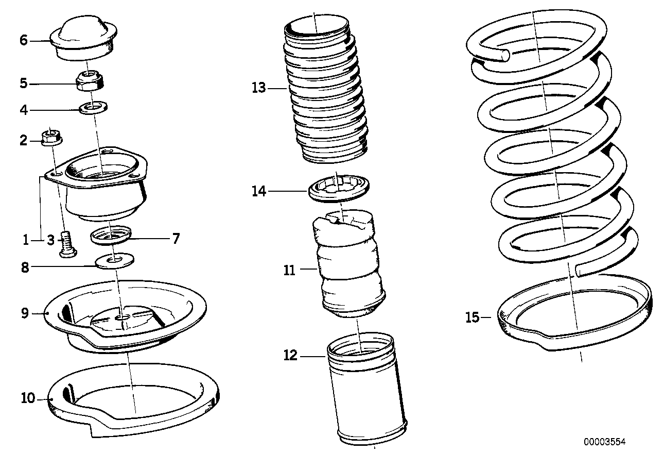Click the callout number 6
point(24,40)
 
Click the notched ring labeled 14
point(339,189)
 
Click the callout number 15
point(472,317)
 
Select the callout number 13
point(258,88)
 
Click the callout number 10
point(27,398)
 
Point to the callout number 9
point(25,313)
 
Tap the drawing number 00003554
point(604,442)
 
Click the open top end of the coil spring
point(505,54)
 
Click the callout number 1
point(26,239)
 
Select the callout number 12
point(290,355)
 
